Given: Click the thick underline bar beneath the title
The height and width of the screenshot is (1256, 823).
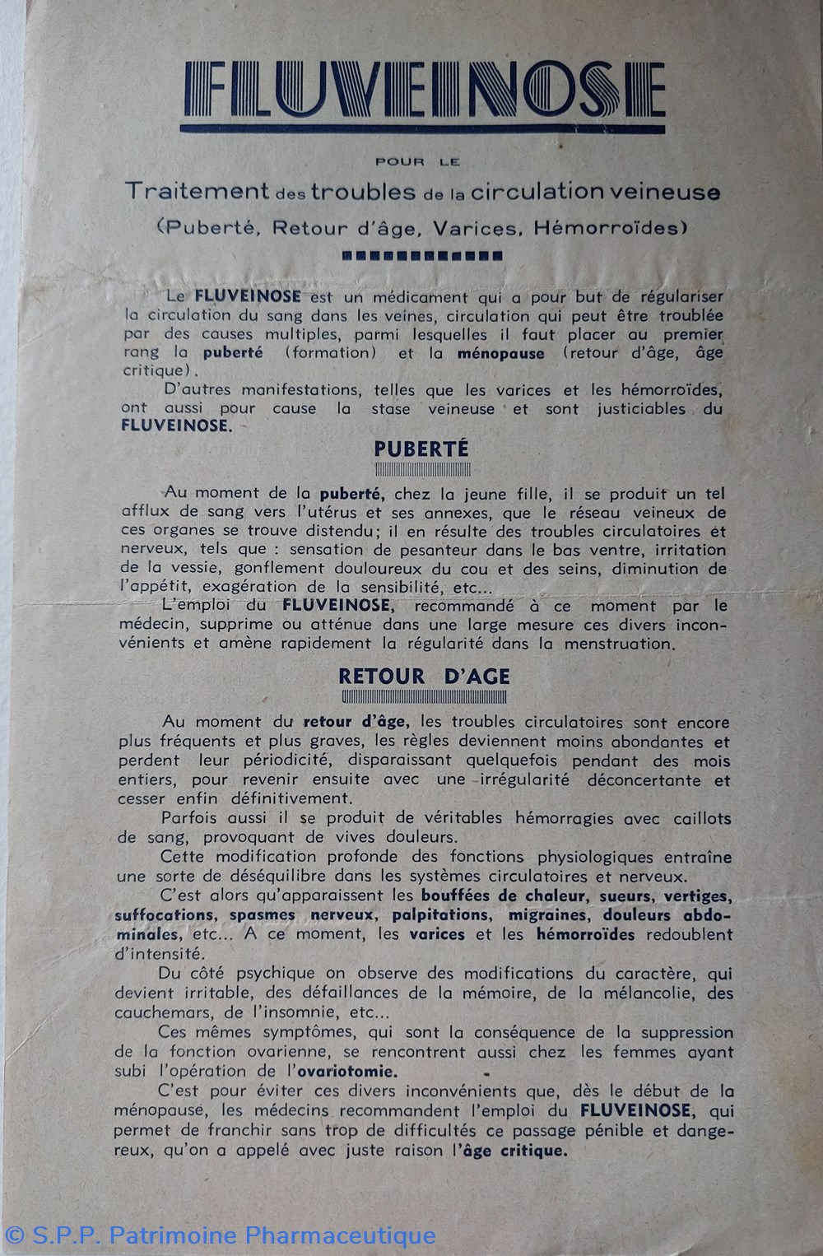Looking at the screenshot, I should click(x=423, y=128).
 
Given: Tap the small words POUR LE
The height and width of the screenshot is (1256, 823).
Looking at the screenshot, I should click(x=422, y=162).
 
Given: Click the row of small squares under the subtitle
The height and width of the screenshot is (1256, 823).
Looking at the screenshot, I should click(x=422, y=256).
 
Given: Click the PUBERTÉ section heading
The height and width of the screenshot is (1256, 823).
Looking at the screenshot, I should click(x=421, y=449).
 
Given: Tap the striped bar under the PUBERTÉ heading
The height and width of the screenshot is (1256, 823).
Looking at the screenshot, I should click(x=422, y=470).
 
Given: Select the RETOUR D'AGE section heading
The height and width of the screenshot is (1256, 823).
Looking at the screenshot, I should click(x=424, y=677).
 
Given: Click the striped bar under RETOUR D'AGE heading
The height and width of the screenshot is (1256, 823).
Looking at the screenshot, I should click(x=425, y=697).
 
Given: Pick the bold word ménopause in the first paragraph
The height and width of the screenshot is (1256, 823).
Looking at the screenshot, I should click(x=502, y=353).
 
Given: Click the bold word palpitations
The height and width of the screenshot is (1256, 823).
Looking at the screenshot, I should click(x=439, y=915).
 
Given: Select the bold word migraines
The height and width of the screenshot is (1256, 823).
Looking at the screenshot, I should click(x=547, y=915).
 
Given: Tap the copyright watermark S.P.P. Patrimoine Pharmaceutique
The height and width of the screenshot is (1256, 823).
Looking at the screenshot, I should click(x=221, y=1235).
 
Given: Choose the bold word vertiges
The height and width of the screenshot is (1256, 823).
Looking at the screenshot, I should click(x=693, y=896).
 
